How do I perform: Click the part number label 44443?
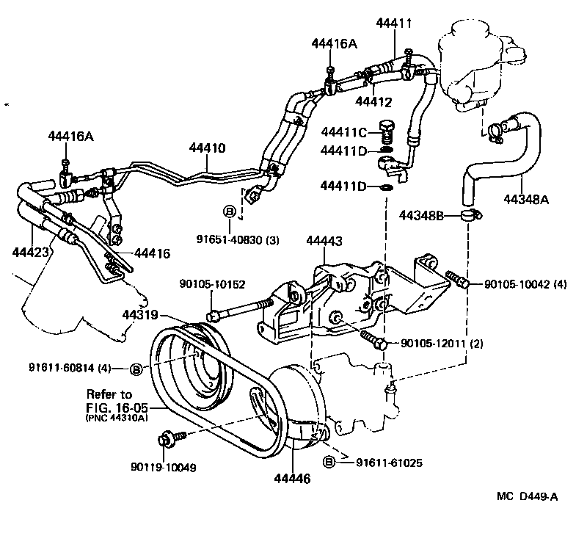(323, 241)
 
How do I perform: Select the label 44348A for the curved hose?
(525, 198)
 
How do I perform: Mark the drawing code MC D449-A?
(528, 496)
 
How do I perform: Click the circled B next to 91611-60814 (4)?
(136, 369)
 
